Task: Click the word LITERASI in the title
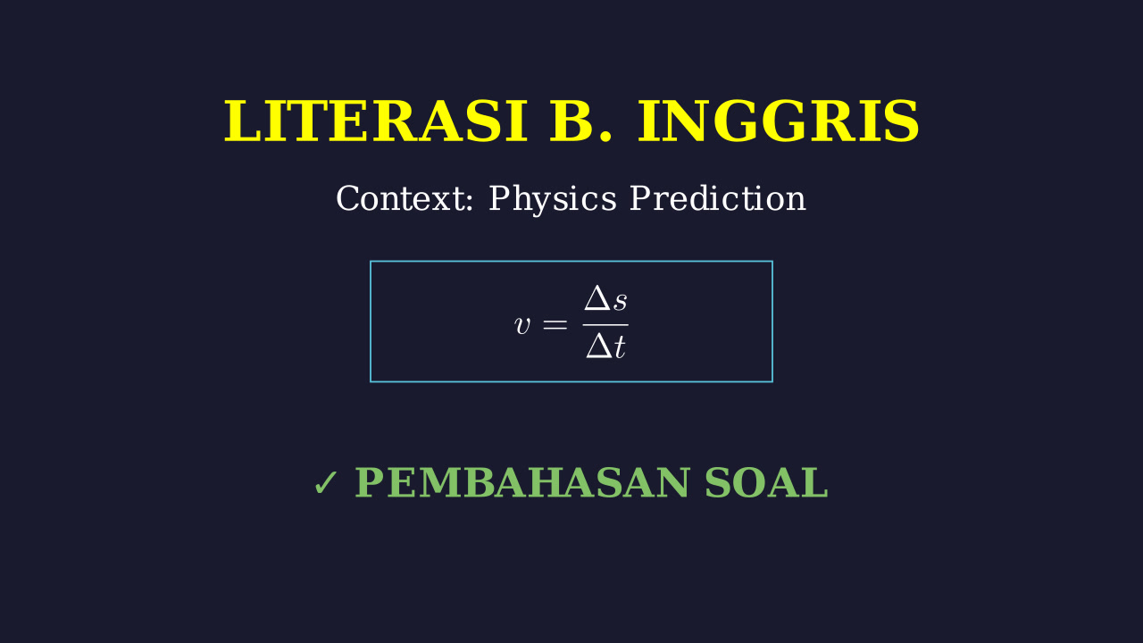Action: [376, 121]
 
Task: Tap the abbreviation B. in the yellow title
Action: [580, 121]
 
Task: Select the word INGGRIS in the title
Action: [779, 121]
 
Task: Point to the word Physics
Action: [553, 199]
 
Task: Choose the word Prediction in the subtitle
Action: [717, 198]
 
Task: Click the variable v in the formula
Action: [522, 325]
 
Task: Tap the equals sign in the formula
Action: [555, 324]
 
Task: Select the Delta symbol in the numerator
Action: [597, 298]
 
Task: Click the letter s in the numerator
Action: [620, 302]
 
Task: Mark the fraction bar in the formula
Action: [605, 324]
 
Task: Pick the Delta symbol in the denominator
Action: [599, 347]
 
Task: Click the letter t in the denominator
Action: [619, 347]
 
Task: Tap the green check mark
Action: [326, 483]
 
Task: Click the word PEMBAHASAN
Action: [522, 482]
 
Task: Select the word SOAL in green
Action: [766, 482]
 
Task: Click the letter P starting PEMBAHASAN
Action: [370, 482]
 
